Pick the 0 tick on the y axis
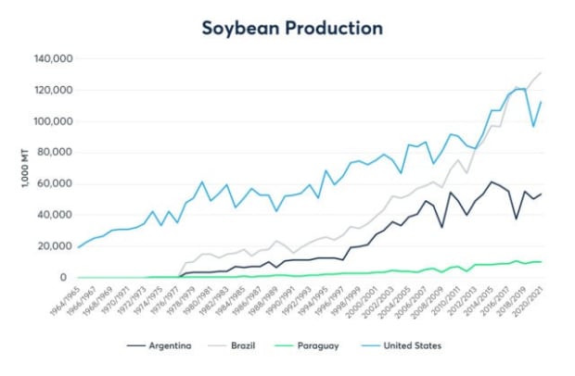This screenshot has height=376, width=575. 65,277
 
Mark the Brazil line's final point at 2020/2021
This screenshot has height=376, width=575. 542,72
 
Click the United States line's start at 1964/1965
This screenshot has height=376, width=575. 79,246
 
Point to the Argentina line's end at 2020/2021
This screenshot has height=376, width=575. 542,194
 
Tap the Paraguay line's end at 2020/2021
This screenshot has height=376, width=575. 542,262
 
